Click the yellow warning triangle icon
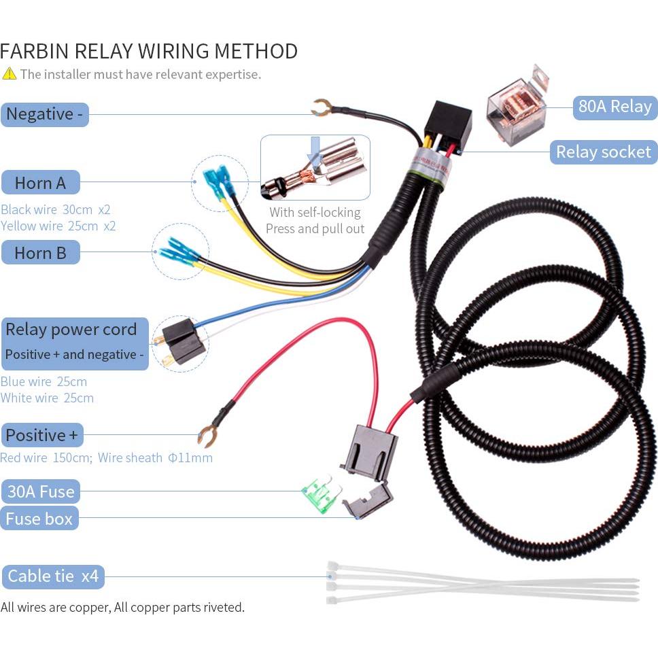tap(9, 73)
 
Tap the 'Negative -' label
tap(45, 114)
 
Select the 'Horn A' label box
tap(41, 183)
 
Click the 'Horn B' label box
tap(41, 253)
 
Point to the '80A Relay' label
tap(614, 107)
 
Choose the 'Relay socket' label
tap(603, 152)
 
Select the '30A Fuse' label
tap(40, 491)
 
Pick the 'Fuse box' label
tap(39, 519)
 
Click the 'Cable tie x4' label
tap(53, 577)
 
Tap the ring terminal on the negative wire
tap(321, 107)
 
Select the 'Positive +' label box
tap(41, 435)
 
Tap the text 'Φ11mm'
tap(190, 457)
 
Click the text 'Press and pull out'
tap(315, 228)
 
